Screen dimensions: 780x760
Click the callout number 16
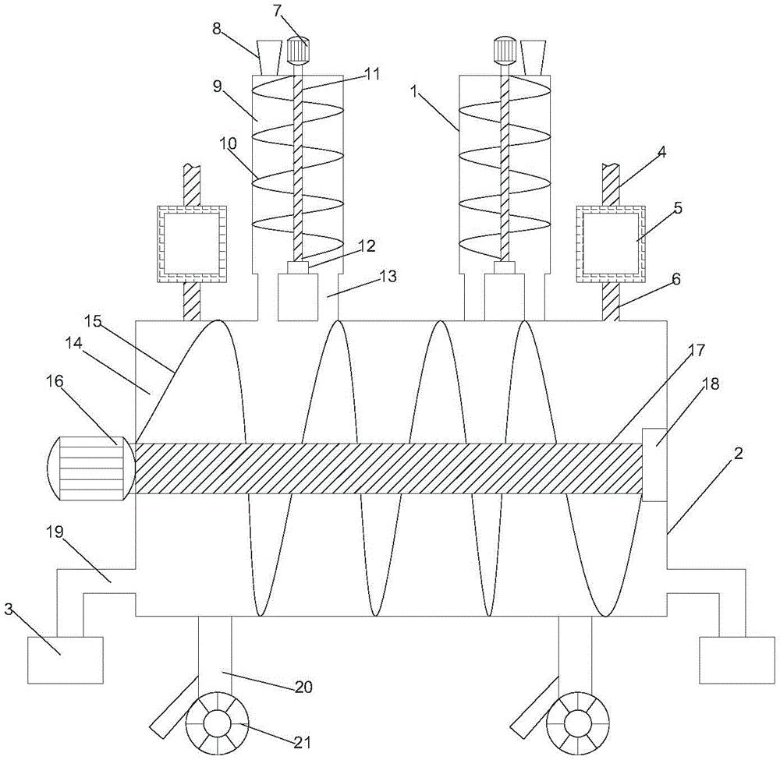(55, 381)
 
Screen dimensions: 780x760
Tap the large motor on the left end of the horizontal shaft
(90, 468)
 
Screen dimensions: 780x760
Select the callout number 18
(711, 384)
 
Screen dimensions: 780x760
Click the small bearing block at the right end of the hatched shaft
(654, 465)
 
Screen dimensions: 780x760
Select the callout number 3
(9, 610)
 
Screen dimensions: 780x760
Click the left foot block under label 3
(66, 659)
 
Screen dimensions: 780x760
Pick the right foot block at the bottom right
(737, 659)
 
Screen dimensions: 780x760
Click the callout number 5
(678, 208)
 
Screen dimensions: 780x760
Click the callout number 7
(278, 12)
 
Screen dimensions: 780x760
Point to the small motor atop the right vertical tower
(505, 51)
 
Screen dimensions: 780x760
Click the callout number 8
(217, 29)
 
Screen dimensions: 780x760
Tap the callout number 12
(369, 246)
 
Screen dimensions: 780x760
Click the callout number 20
(303, 688)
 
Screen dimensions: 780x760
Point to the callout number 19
(55, 532)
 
